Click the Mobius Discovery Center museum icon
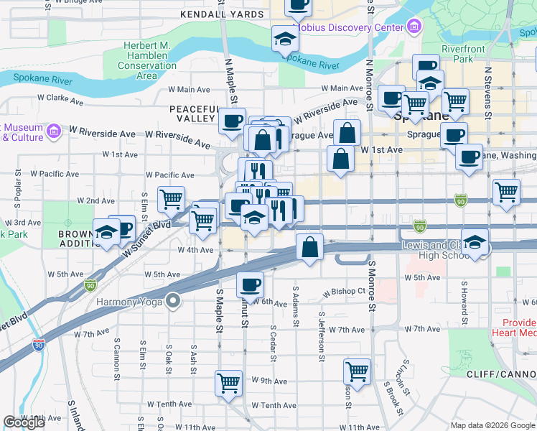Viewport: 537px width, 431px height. tap(414, 27)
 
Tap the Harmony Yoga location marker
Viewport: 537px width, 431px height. tap(172, 301)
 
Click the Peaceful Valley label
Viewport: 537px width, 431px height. tap(193, 113)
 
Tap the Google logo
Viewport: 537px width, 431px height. tap(24, 422)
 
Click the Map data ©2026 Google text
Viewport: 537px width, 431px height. tap(492, 425)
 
